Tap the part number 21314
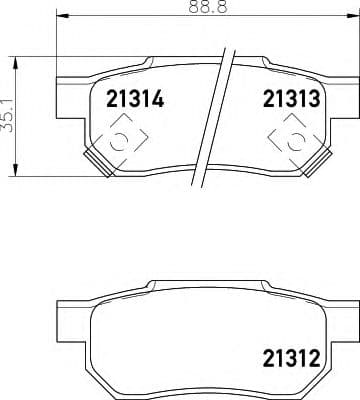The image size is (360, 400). click(x=128, y=100)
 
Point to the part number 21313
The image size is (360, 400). click(x=291, y=100)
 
